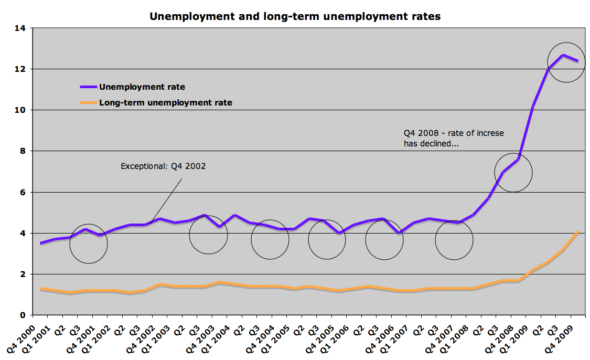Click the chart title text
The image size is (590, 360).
295,16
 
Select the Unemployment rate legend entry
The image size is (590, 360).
142,87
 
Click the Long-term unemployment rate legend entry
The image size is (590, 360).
165,103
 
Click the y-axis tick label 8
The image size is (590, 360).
22,151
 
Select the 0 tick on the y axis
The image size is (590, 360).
22,315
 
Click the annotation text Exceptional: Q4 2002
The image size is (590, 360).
163,166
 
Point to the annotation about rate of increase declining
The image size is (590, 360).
454,138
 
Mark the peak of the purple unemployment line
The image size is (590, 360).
563,55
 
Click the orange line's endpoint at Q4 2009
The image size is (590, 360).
577,232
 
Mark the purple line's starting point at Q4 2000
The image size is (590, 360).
40,243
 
